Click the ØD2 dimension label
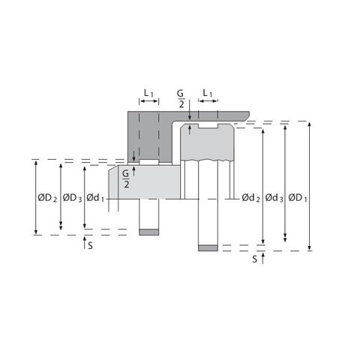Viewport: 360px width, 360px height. click(46, 197)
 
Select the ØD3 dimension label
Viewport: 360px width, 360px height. click(72, 197)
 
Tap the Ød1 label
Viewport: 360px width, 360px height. click(96, 197)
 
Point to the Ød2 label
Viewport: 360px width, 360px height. click(250, 197)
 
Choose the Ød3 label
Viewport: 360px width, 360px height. click(275, 197)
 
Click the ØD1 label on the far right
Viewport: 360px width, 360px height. click(298, 197)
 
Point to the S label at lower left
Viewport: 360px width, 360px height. click(90, 244)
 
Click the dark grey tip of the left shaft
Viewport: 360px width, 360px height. click(150, 230)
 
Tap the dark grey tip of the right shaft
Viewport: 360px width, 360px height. click(208, 247)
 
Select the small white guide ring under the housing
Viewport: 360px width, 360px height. click(149, 162)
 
